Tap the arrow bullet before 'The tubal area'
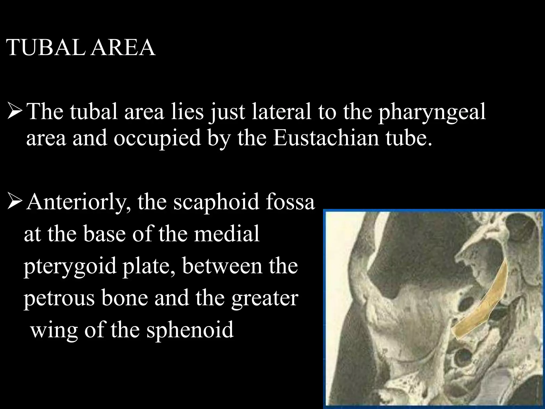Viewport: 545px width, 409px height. pyautogui.click(x=15, y=111)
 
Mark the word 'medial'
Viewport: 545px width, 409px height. pyautogui.click(x=226, y=234)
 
